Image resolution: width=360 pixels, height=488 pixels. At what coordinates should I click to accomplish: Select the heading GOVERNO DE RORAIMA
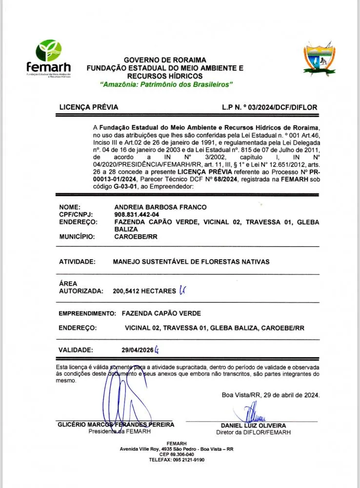click(x=165, y=60)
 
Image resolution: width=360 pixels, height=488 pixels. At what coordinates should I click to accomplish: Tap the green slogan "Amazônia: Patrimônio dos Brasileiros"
click(x=166, y=84)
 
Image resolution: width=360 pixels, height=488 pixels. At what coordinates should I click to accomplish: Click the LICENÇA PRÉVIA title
click(x=88, y=107)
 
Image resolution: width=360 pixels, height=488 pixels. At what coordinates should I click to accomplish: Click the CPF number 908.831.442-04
click(x=137, y=214)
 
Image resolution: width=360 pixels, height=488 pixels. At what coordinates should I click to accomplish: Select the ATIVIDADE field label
click(x=77, y=262)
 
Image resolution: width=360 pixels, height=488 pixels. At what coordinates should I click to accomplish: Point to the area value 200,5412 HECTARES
click(x=144, y=291)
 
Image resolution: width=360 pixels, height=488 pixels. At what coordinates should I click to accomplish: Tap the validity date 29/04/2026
click(x=138, y=350)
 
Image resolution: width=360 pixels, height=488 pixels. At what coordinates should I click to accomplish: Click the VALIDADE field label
click(x=75, y=350)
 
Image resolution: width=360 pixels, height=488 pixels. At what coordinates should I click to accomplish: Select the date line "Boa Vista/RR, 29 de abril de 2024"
click(x=271, y=395)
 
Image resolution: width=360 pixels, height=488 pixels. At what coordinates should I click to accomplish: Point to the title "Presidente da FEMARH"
click(x=116, y=431)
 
